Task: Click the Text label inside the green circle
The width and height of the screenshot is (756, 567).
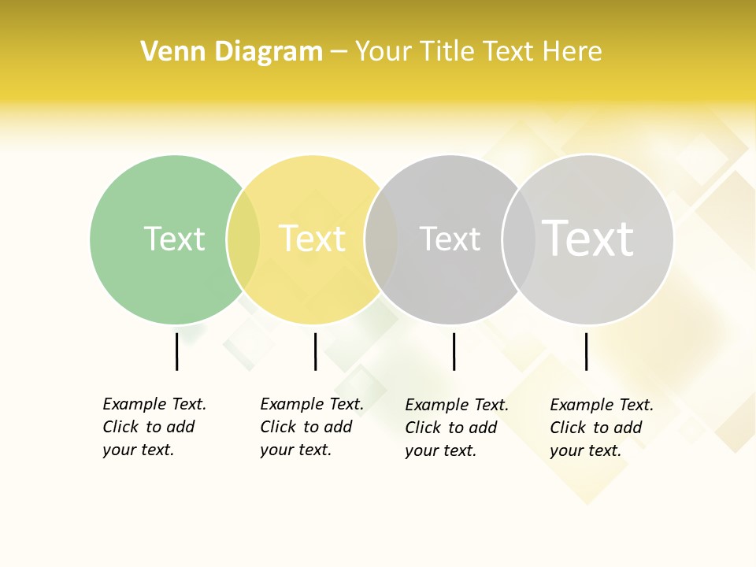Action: pos(174,239)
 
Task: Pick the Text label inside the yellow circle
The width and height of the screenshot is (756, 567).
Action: pos(312,239)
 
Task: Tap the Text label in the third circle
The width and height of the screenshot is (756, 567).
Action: pos(450,239)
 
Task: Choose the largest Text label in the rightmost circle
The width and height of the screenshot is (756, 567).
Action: pos(587,239)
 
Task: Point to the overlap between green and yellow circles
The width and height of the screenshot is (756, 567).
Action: pos(243,239)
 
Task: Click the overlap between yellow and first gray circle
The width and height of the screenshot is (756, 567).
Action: pos(381,239)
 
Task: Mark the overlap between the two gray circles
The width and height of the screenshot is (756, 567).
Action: pos(519,239)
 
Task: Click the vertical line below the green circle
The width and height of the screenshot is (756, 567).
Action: pos(176,351)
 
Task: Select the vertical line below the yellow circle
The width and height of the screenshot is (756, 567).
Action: pos(315,351)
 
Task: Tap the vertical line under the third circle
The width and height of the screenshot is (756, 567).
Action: pos(454,351)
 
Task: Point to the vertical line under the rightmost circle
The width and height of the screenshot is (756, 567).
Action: pos(586,351)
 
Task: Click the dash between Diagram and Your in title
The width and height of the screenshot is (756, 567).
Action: pos(339,53)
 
